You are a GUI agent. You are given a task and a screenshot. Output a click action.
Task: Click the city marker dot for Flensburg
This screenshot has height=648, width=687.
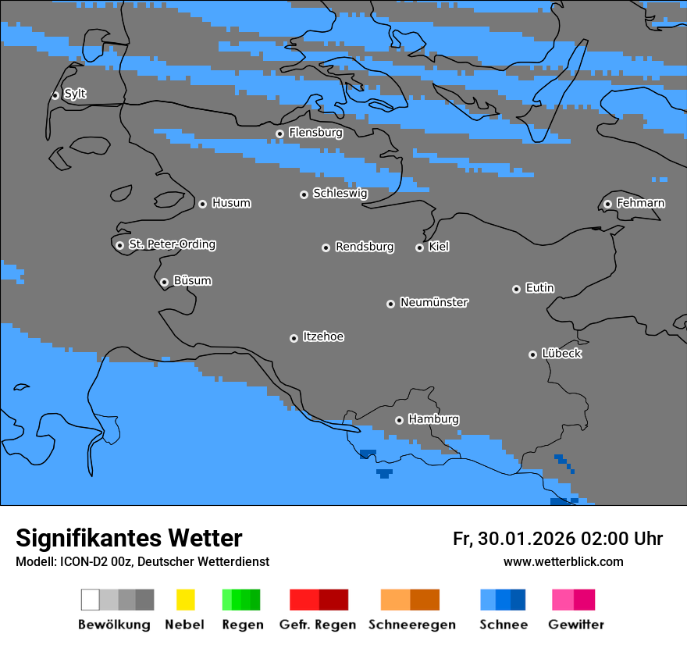point(279,134)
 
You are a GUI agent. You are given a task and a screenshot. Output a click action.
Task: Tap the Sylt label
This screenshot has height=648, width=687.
point(75,94)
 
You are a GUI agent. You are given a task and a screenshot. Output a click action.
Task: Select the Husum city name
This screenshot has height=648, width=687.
point(231,203)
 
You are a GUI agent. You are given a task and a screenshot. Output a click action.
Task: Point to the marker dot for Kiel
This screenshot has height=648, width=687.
point(419,247)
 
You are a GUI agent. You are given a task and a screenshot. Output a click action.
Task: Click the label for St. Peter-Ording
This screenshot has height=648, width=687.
point(172,244)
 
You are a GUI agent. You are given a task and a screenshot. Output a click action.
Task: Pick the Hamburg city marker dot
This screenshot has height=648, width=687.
point(399,420)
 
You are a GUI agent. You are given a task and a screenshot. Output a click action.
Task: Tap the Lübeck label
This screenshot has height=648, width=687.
point(561,354)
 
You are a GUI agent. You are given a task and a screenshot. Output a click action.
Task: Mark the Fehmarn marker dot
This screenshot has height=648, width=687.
point(607,204)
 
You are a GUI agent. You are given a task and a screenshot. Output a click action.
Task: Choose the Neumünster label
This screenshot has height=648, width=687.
point(434,302)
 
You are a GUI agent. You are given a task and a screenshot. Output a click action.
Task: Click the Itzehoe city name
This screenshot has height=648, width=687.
point(323,336)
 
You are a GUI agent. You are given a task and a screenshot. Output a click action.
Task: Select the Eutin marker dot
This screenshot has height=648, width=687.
point(516,289)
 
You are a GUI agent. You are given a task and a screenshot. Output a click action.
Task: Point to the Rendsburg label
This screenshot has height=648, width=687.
point(365,247)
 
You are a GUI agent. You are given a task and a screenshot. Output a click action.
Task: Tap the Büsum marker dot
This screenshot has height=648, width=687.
point(164,282)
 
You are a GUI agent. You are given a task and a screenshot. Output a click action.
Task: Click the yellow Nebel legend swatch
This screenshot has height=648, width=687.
point(185,600)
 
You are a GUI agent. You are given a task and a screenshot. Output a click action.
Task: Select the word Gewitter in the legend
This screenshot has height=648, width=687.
point(575,625)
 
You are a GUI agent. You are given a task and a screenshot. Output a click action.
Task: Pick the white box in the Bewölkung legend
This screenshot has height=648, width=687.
point(91,600)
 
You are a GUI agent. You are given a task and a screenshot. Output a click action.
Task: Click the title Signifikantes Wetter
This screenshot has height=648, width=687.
point(129,538)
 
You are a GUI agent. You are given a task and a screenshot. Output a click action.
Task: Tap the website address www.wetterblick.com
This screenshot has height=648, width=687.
point(563,561)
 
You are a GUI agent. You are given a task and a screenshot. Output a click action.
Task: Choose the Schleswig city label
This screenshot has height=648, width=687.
point(340,193)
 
